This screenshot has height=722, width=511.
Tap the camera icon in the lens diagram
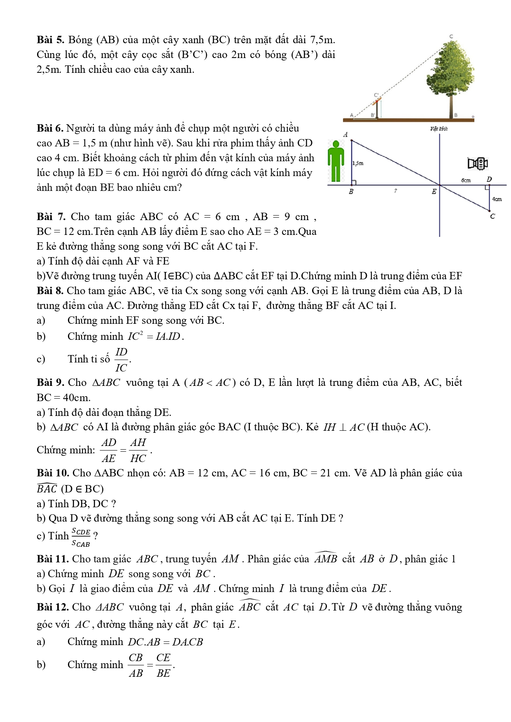477,163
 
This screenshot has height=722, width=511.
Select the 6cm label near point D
465,180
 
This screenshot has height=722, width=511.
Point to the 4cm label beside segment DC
497,199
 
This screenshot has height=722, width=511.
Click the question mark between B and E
395,191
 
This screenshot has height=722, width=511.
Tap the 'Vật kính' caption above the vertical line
439,129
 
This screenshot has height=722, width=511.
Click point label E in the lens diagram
434,192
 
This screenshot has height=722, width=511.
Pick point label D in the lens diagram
489,179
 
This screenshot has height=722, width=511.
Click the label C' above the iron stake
376,95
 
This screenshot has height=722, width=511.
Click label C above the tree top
451,37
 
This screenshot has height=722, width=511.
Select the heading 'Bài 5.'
51,40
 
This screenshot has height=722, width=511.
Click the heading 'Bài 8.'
50,291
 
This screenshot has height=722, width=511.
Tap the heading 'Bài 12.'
52,607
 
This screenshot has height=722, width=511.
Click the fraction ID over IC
121,360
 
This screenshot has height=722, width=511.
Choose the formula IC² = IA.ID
154,337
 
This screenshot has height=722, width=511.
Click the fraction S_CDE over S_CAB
81,537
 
